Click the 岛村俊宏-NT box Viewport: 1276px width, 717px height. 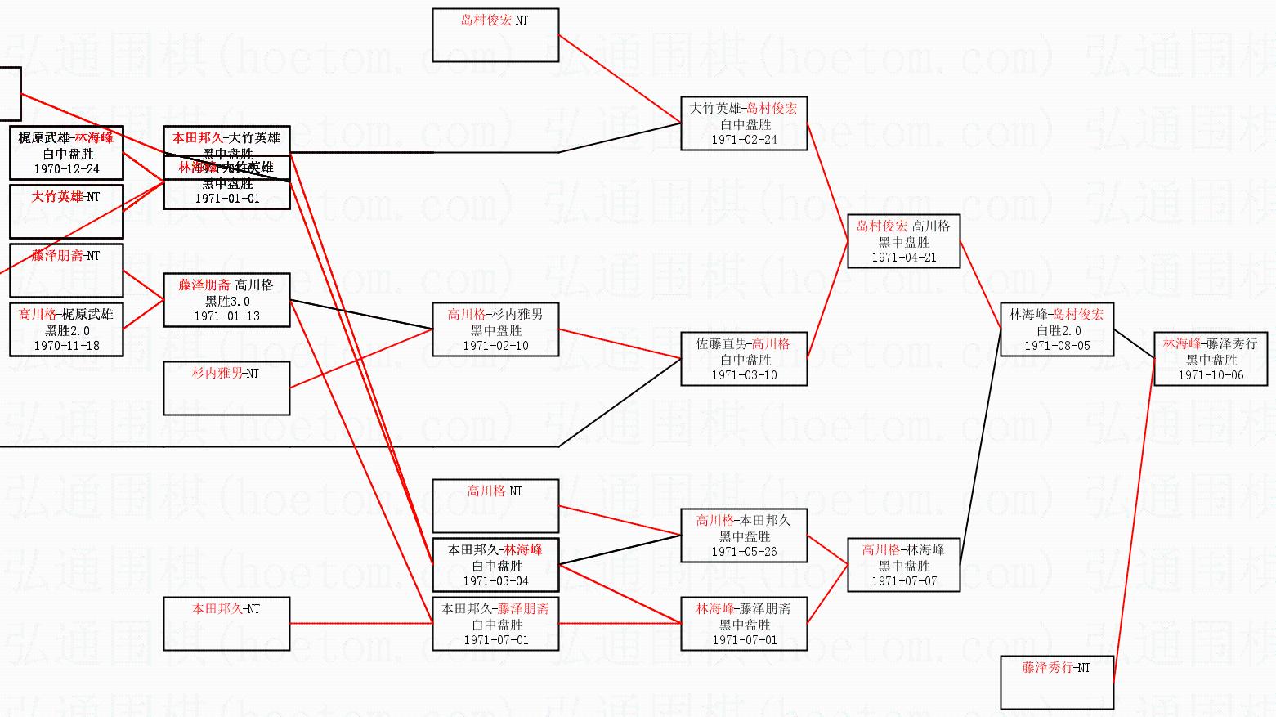(495, 35)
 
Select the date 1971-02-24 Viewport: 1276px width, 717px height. (744, 140)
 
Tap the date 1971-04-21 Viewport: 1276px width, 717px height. (903, 258)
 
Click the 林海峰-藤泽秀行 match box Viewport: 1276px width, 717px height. (1210, 359)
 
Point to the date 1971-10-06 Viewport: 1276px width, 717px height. (1210, 375)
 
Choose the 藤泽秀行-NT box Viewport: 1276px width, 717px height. (1057, 682)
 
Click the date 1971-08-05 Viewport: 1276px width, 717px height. (1057, 346)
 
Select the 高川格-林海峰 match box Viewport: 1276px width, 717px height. (903, 564)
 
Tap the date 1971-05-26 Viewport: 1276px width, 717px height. (744, 552)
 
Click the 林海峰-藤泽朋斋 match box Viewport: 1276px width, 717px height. (744, 623)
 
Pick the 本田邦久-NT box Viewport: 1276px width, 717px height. (226, 623)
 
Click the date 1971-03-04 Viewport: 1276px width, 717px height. (495, 581)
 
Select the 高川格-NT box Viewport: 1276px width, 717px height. (495, 505)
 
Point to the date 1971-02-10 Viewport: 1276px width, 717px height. (495, 346)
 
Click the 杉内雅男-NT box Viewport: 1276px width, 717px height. (226, 388)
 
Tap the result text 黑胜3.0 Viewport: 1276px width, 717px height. (226, 301)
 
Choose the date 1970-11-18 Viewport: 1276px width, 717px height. (66, 346)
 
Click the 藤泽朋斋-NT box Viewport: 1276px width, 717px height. (66, 270)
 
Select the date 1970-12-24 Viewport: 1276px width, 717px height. (66, 169)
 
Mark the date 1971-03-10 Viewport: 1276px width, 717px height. (744, 375)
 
